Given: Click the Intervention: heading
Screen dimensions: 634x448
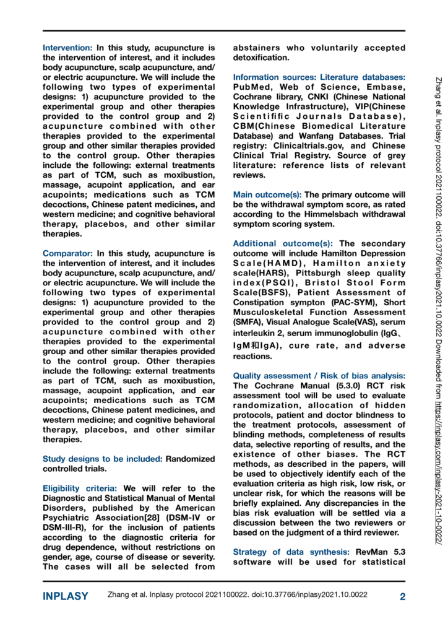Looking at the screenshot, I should (67, 48).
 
